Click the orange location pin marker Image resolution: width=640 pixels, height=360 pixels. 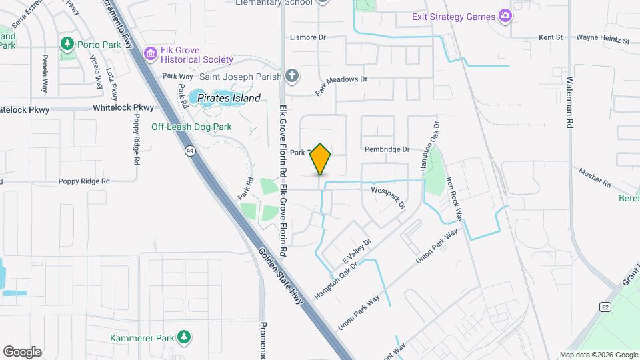[321, 159]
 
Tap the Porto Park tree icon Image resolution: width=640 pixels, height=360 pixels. [67, 45]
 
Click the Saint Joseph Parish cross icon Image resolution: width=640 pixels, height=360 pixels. [291, 76]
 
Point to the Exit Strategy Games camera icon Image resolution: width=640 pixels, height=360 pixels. [505, 16]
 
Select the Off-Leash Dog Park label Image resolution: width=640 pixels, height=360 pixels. [191, 127]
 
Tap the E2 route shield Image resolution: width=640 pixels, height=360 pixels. [605, 307]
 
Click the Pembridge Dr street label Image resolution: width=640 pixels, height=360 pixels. [387, 149]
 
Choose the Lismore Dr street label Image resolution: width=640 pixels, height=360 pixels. [307, 37]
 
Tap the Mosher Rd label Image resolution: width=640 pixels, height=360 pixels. [595, 177]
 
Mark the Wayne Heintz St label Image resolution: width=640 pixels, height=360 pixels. [603, 40]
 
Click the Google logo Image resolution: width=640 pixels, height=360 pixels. [22, 352]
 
